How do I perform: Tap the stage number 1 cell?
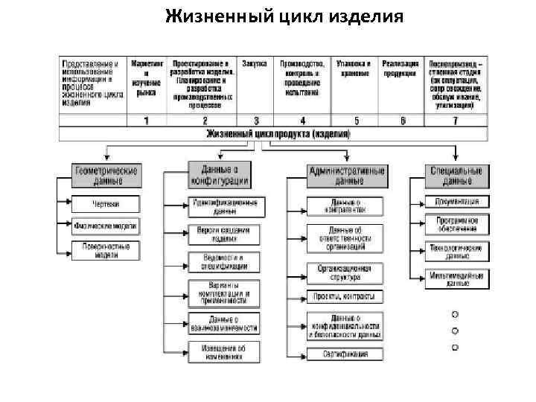point(147,120)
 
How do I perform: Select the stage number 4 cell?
point(302,120)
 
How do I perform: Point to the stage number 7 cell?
point(456,120)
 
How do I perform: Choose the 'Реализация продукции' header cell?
point(401,68)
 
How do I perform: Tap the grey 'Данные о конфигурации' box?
point(219,176)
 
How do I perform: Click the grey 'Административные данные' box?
point(347,176)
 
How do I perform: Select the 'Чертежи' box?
point(106,203)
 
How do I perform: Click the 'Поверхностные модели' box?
point(106,250)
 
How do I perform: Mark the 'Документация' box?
point(457,202)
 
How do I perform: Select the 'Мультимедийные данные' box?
point(457,278)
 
